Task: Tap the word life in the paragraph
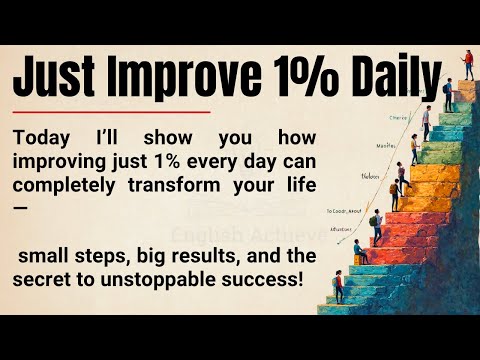pyautogui.click(x=297, y=183)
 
